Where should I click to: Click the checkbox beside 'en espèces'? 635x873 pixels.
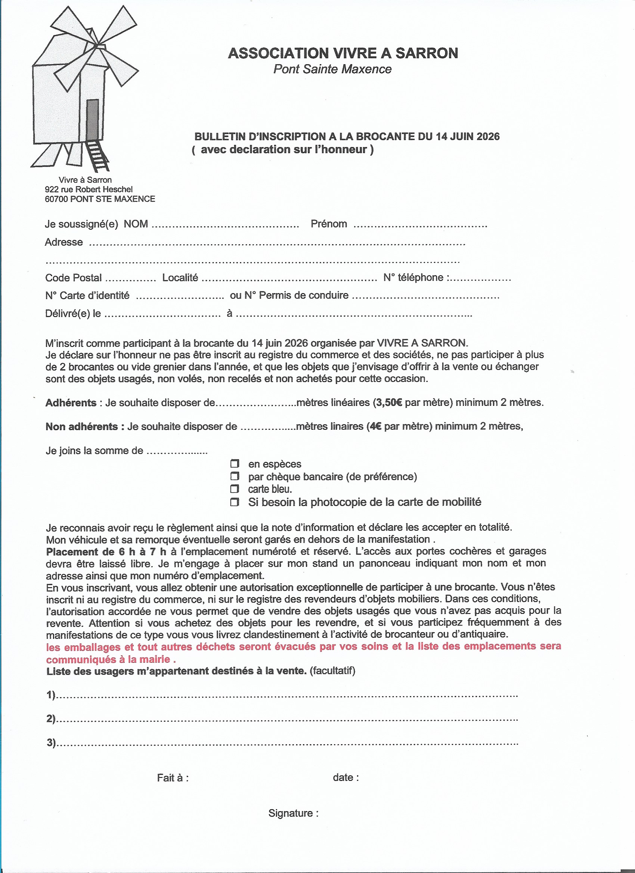235,463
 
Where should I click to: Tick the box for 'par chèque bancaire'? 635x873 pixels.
235,476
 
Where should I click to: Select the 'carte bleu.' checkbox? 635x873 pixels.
235,489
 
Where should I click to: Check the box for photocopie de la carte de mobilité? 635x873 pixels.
235,502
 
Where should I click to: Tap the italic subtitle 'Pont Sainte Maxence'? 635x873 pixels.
332,69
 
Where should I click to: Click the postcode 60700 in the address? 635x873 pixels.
56,199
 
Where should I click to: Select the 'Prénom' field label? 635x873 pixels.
328,224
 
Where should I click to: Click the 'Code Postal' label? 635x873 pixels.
73,278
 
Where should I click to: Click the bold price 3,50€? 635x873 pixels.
388,403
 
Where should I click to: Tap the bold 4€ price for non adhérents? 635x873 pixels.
374,426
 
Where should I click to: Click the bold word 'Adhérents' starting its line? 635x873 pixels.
71,403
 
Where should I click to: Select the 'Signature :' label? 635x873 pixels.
294,813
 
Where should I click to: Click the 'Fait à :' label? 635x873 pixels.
173,778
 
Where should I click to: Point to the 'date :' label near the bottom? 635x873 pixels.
346,777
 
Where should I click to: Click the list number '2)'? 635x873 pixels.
51,719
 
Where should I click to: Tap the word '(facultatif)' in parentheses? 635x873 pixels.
332,671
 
